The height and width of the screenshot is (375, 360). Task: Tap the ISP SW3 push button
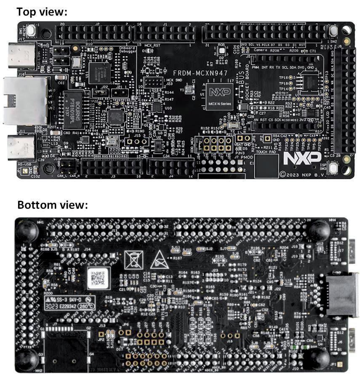tap(333, 168)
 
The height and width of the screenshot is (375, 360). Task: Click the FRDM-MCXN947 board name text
tap(201, 73)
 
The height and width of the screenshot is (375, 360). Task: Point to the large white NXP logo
tap(299, 158)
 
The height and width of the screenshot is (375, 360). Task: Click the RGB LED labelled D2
tap(221, 50)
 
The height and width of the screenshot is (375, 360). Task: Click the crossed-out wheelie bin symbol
tap(133, 260)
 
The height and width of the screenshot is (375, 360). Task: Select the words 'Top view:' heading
tap(42, 12)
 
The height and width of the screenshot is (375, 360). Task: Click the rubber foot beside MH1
tap(28, 231)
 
